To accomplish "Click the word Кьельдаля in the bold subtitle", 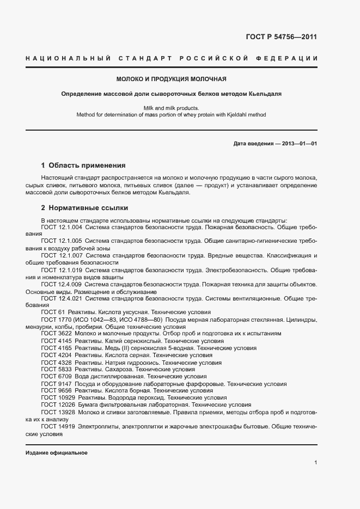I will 265,94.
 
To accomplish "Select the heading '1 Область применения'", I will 83,165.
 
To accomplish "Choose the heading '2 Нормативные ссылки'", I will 85,208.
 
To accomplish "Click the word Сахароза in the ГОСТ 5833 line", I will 103,369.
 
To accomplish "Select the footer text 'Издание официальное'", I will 57,453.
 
